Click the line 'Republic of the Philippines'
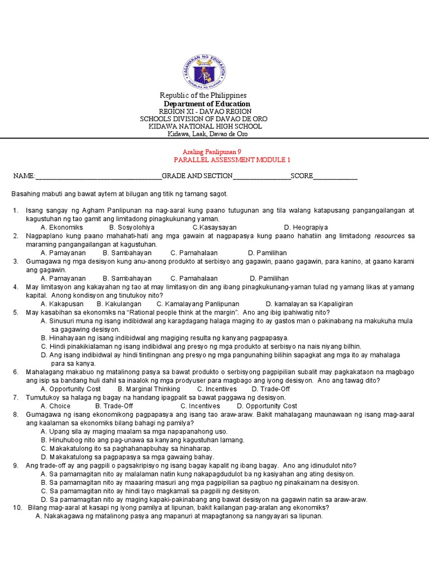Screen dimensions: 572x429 (x=203, y=96)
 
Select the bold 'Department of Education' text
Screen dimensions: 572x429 (x=207, y=104)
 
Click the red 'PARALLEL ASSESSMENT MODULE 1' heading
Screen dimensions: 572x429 (x=232, y=160)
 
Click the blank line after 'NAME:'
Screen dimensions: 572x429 (x=98, y=177)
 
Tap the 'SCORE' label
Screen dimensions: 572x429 (x=301, y=177)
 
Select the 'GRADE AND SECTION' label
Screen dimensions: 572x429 (x=197, y=177)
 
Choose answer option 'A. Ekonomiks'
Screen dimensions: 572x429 (x=61, y=227)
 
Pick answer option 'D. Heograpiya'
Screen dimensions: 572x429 (x=306, y=227)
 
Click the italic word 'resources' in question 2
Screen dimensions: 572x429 (x=389, y=236)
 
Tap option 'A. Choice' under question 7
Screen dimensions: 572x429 (x=56, y=406)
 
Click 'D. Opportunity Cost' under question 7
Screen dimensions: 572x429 (x=267, y=406)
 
